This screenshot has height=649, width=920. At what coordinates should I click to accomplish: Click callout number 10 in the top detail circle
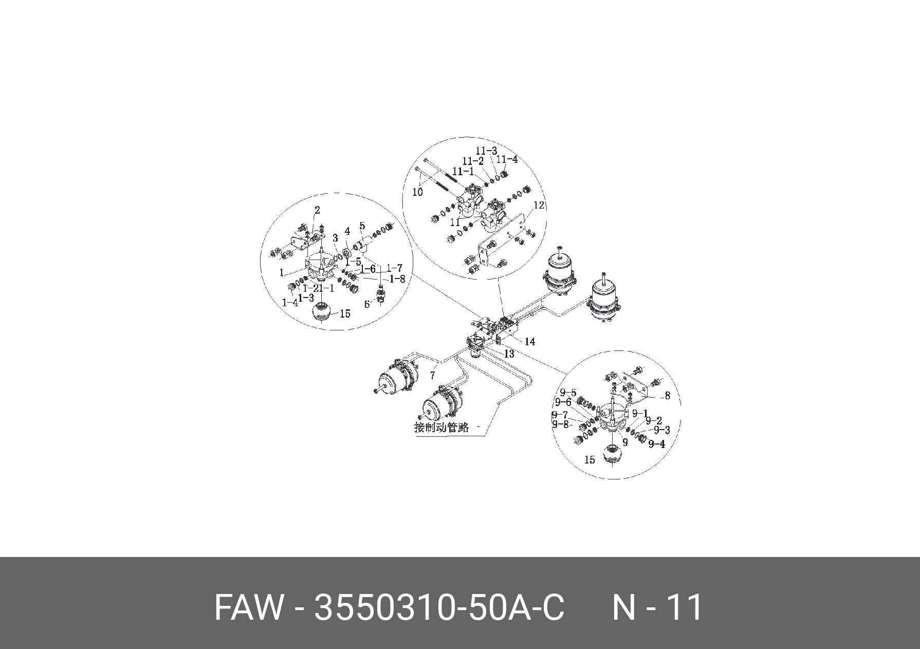click(418, 192)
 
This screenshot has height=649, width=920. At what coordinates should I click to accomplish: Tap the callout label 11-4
click(508, 159)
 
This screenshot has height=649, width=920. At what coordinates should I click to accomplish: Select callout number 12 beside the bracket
click(538, 205)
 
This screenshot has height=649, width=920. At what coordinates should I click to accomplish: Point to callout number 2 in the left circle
click(317, 210)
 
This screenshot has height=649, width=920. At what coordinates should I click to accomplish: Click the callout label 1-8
click(397, 279)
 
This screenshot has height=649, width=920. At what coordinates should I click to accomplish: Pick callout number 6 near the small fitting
click(366, 304)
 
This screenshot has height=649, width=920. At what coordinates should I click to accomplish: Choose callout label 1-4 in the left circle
click(290, 303)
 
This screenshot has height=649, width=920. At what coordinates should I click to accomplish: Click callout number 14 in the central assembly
click(529, 342)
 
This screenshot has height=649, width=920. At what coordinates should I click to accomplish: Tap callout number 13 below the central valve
click(509, 354)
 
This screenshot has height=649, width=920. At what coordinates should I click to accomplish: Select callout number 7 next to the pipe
click(432, 375)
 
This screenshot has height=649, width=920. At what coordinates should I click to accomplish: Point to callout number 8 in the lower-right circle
click(668, 396)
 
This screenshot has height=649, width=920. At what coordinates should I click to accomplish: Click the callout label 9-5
click(568, 393)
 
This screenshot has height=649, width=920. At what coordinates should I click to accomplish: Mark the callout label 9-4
click(657, 444)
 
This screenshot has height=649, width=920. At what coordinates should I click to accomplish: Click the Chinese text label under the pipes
click(442, 428)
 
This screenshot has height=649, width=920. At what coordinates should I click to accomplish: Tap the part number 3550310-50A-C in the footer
click(439, 607)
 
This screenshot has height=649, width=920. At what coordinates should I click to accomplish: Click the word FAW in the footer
click(249, 607)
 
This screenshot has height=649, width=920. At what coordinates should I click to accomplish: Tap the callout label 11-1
click(463, 171)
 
